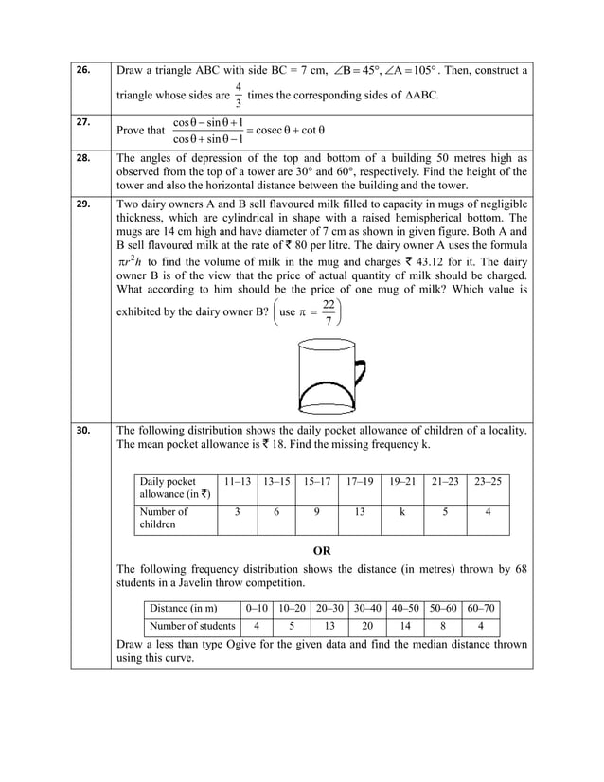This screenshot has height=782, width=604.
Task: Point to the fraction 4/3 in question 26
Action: coord(238,96)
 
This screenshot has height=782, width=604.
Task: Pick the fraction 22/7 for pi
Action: coord(328,314)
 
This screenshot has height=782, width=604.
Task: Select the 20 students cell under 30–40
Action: coord(368,626)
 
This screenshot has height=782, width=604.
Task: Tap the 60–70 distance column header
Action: coord(481,607)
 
